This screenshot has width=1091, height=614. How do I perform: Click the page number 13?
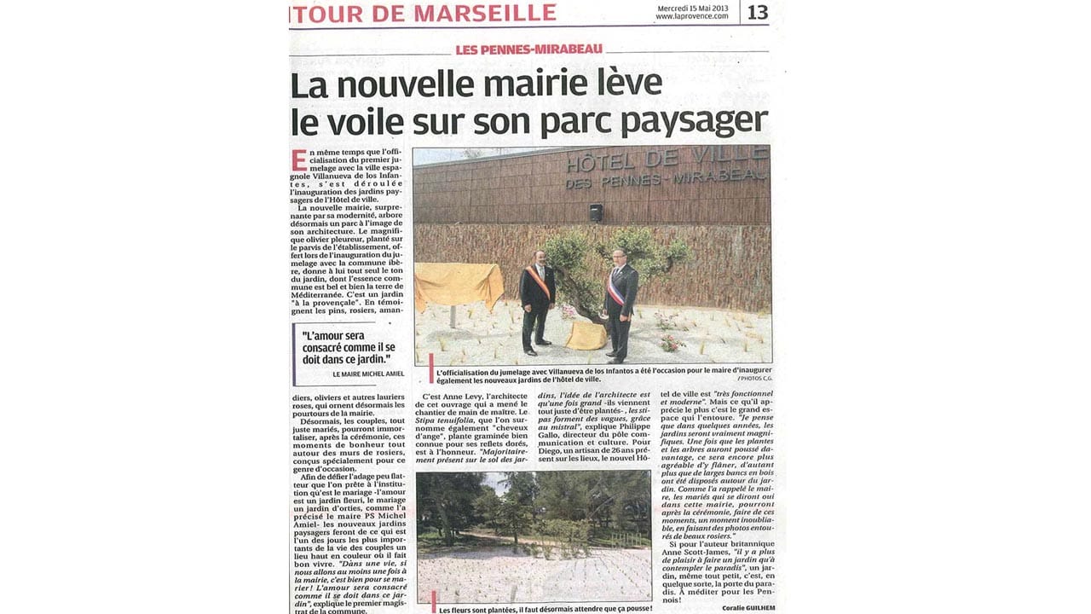(758, 12)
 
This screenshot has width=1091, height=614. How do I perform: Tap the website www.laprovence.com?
(691, 16)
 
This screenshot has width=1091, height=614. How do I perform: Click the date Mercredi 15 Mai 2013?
(692, 8)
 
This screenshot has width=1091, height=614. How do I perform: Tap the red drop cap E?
(298, 159)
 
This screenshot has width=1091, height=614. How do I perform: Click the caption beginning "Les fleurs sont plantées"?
(545, 609)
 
